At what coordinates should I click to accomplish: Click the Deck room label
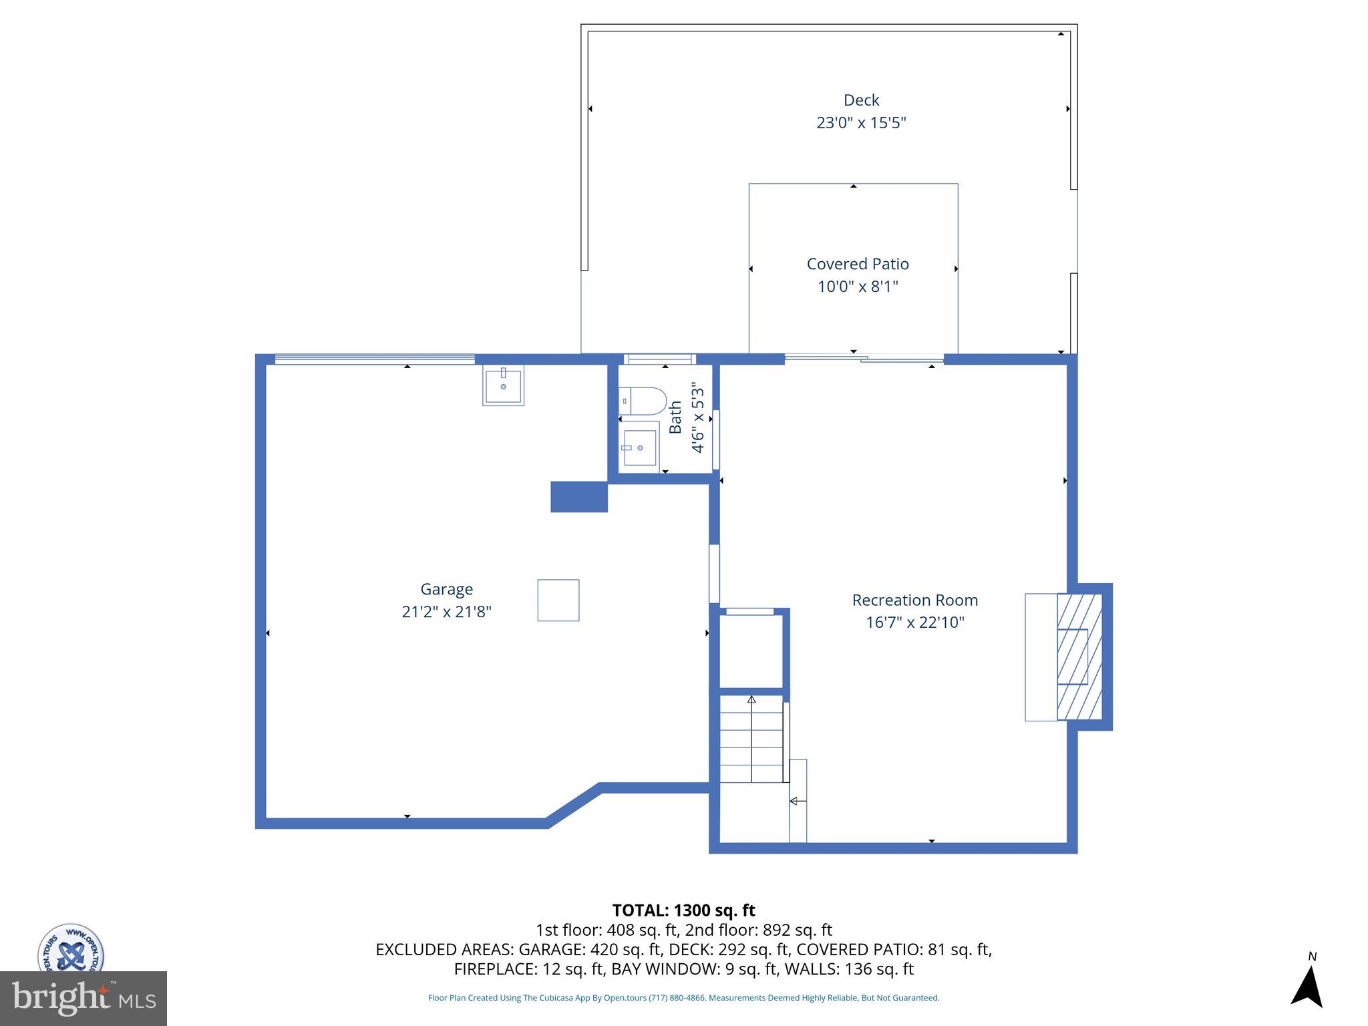[x=861, y=100]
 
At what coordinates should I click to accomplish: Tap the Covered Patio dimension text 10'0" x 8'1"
[x=858, y=287]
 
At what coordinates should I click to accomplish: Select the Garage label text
[x=446, y=589]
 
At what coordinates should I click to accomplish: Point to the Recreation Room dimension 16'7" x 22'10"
[x=914, y=623]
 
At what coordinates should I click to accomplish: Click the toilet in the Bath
[x=643, y=401]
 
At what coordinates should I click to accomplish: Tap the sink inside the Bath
[x=639, y=448]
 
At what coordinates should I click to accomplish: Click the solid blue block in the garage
[x=578, y=497]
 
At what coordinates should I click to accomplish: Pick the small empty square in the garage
[x=558, y=600]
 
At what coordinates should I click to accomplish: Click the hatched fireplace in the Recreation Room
[x=1078, y=657]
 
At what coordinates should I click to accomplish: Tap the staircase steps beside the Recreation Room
[x=751, y=739]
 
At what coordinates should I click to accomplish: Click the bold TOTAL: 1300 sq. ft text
[x=683, y=910]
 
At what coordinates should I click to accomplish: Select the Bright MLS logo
[x=83, y=999]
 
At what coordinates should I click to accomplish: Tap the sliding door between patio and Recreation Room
[x=864, y=359]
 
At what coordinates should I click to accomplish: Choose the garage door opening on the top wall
[x=374, y=359]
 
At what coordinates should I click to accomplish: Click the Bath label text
[x=675, y=417]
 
